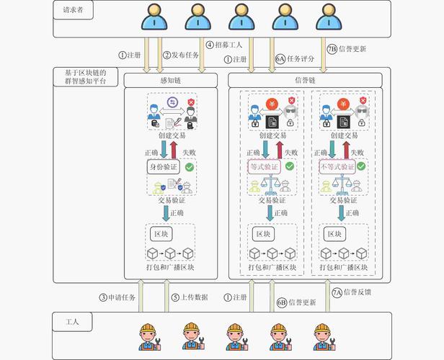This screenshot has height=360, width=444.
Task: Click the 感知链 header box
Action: pyautogui.click(x=170, y=80)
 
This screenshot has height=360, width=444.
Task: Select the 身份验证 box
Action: pyautogui.click(x=163, y=167)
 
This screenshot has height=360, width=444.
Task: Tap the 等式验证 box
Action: pyautogui.click(x=263, y=167)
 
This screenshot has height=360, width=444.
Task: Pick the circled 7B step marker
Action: pyautogui.click(x=332, y=50)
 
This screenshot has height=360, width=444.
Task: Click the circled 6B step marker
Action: pyautogui.click(x=282, y=302)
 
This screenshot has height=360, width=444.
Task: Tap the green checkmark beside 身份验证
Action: pyautogui.click(x=189, y=167)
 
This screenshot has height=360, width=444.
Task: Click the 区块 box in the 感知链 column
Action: pyautogui.click(x=160, y=235)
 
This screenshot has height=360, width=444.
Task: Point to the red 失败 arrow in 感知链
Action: pyautogui.click(x=174, y=150)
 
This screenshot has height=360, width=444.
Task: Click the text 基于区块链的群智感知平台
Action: pyautogui.click(x=86, y=77)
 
